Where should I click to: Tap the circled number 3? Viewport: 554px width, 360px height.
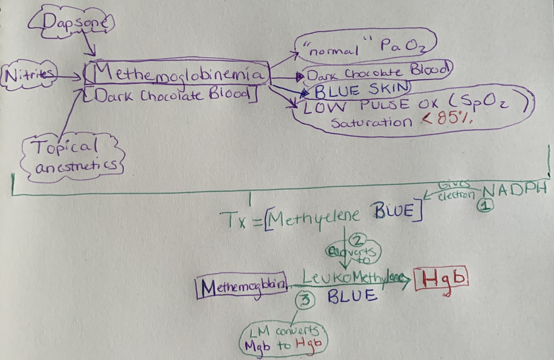(x=304, y=300)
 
